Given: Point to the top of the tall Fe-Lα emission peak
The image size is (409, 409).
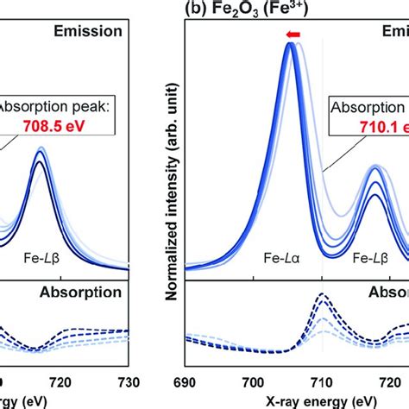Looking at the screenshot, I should pyautogui.click(x=290, y=45).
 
